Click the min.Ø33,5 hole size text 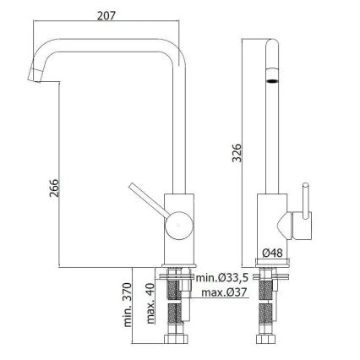click(222, 278)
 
